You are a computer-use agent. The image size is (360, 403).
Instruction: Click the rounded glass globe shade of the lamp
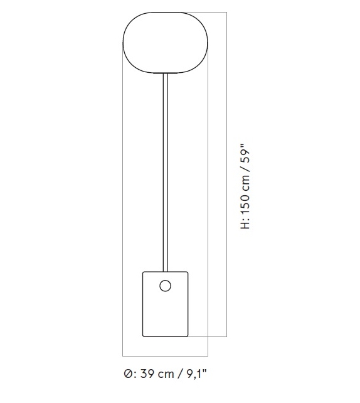point(165,42)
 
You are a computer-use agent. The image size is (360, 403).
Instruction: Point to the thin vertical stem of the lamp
point(165,169)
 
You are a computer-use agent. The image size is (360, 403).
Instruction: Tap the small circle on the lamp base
point(165,286)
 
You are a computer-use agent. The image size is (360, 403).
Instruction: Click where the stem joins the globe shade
point(165,73)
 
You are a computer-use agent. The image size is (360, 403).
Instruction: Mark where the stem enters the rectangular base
point(165,271)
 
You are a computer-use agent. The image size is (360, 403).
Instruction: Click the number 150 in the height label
point(246,205)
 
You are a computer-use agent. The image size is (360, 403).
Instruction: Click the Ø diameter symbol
point(127,375)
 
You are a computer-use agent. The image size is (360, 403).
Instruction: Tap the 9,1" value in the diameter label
point(195,375)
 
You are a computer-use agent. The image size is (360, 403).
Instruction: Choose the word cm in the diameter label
point(166,375)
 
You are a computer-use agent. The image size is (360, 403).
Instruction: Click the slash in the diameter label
point(179,375)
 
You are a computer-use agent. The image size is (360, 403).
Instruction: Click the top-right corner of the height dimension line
point(226,12)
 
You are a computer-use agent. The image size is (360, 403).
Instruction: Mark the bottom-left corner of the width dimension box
point(122,355)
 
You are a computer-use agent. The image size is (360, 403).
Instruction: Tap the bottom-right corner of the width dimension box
point(208,355)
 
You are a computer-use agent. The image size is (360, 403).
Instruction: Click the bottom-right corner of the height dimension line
point(226,337)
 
